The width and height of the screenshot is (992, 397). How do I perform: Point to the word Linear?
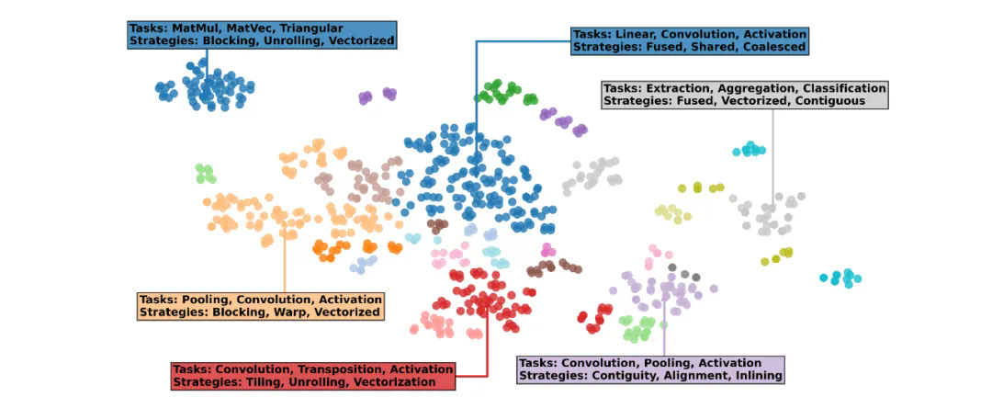click(632, 34)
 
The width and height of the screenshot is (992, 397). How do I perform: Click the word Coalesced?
click(770, 46)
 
